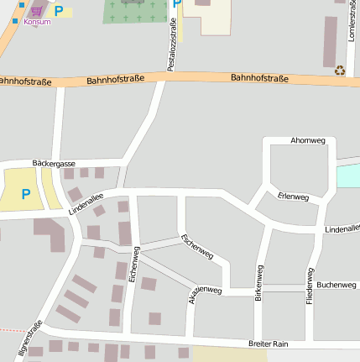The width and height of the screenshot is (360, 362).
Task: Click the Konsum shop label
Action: (x=37, y=22)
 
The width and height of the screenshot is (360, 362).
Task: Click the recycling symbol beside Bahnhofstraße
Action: (x=340, y=71)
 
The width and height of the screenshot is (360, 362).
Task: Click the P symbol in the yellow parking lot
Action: (x=25, y=193)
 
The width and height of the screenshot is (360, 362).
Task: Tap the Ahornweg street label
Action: (x=307, y=140)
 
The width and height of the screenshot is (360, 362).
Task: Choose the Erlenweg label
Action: (x=293, y=197)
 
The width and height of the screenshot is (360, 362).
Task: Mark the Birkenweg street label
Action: (x=259, y=283)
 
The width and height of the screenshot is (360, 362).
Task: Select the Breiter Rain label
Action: (x=268, y=344)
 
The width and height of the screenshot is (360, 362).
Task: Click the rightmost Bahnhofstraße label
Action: (x=259, y=79)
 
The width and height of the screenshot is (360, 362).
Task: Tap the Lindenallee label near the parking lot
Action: (x=86, y=204)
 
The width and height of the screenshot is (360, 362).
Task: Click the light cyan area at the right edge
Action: (x=348, y=176)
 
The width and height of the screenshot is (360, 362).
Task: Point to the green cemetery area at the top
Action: (x=134, y=11)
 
